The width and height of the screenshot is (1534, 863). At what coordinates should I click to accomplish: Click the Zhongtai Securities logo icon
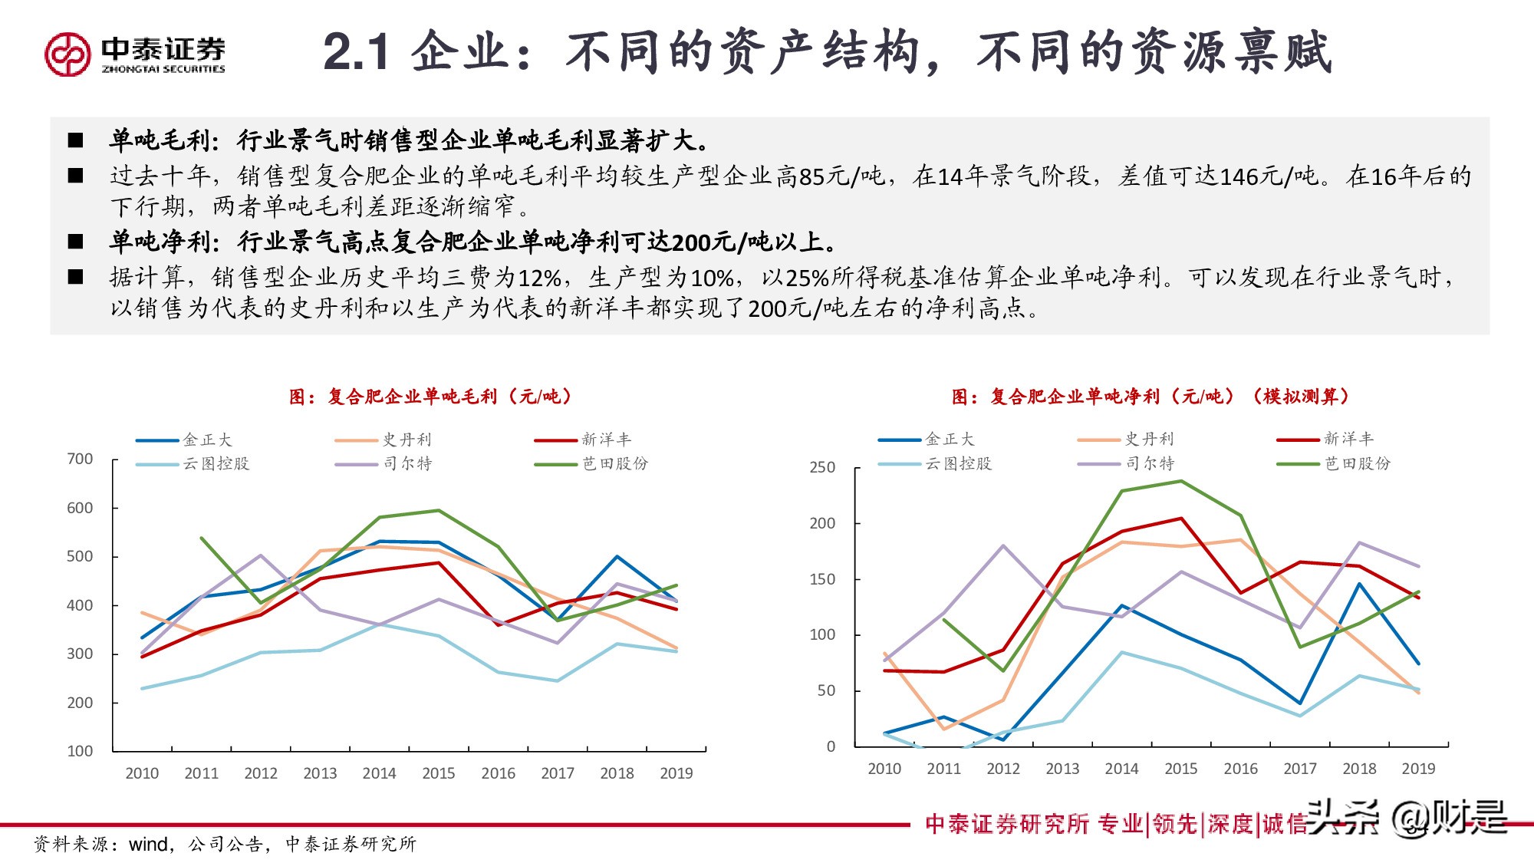click(x=67, y=54)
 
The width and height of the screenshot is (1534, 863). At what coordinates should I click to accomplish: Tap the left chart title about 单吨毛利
click(x=430, y=397)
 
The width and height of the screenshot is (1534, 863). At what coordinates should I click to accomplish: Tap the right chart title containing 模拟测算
click(x=1150, y=397)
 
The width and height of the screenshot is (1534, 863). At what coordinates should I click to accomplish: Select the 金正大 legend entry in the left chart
click(x=184, y=440)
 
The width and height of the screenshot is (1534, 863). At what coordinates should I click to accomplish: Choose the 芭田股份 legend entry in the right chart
click(x=1334, y=463)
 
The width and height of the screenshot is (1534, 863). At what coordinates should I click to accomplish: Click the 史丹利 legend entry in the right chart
click(x=1127, y=439)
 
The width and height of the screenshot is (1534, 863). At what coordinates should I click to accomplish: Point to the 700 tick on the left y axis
click(x=80, y=459)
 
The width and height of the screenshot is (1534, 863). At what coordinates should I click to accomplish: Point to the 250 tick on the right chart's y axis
click(x=822, y=467)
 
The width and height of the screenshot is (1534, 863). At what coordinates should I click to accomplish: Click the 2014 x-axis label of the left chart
click(x=379, y=773)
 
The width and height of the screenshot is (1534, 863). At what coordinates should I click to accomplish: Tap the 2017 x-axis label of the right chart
click(x=1299, y=769)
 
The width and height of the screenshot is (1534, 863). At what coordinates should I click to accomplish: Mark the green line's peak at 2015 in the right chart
click(x=1180, y=481)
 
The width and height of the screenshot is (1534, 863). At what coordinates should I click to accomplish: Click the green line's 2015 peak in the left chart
click(x=438, y=510)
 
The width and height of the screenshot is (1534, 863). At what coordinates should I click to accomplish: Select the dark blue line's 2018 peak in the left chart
click(x=617, y=556)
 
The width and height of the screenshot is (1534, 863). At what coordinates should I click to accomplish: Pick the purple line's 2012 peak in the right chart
click(x=1003, y=545)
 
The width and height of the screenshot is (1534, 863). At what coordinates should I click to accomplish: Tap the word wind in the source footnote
click(x=149, y=844)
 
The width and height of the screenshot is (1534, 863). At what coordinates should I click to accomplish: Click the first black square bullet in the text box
click(x=75, y=140)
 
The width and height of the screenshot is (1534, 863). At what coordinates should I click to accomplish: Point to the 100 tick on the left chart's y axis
click(x=80, y=751)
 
